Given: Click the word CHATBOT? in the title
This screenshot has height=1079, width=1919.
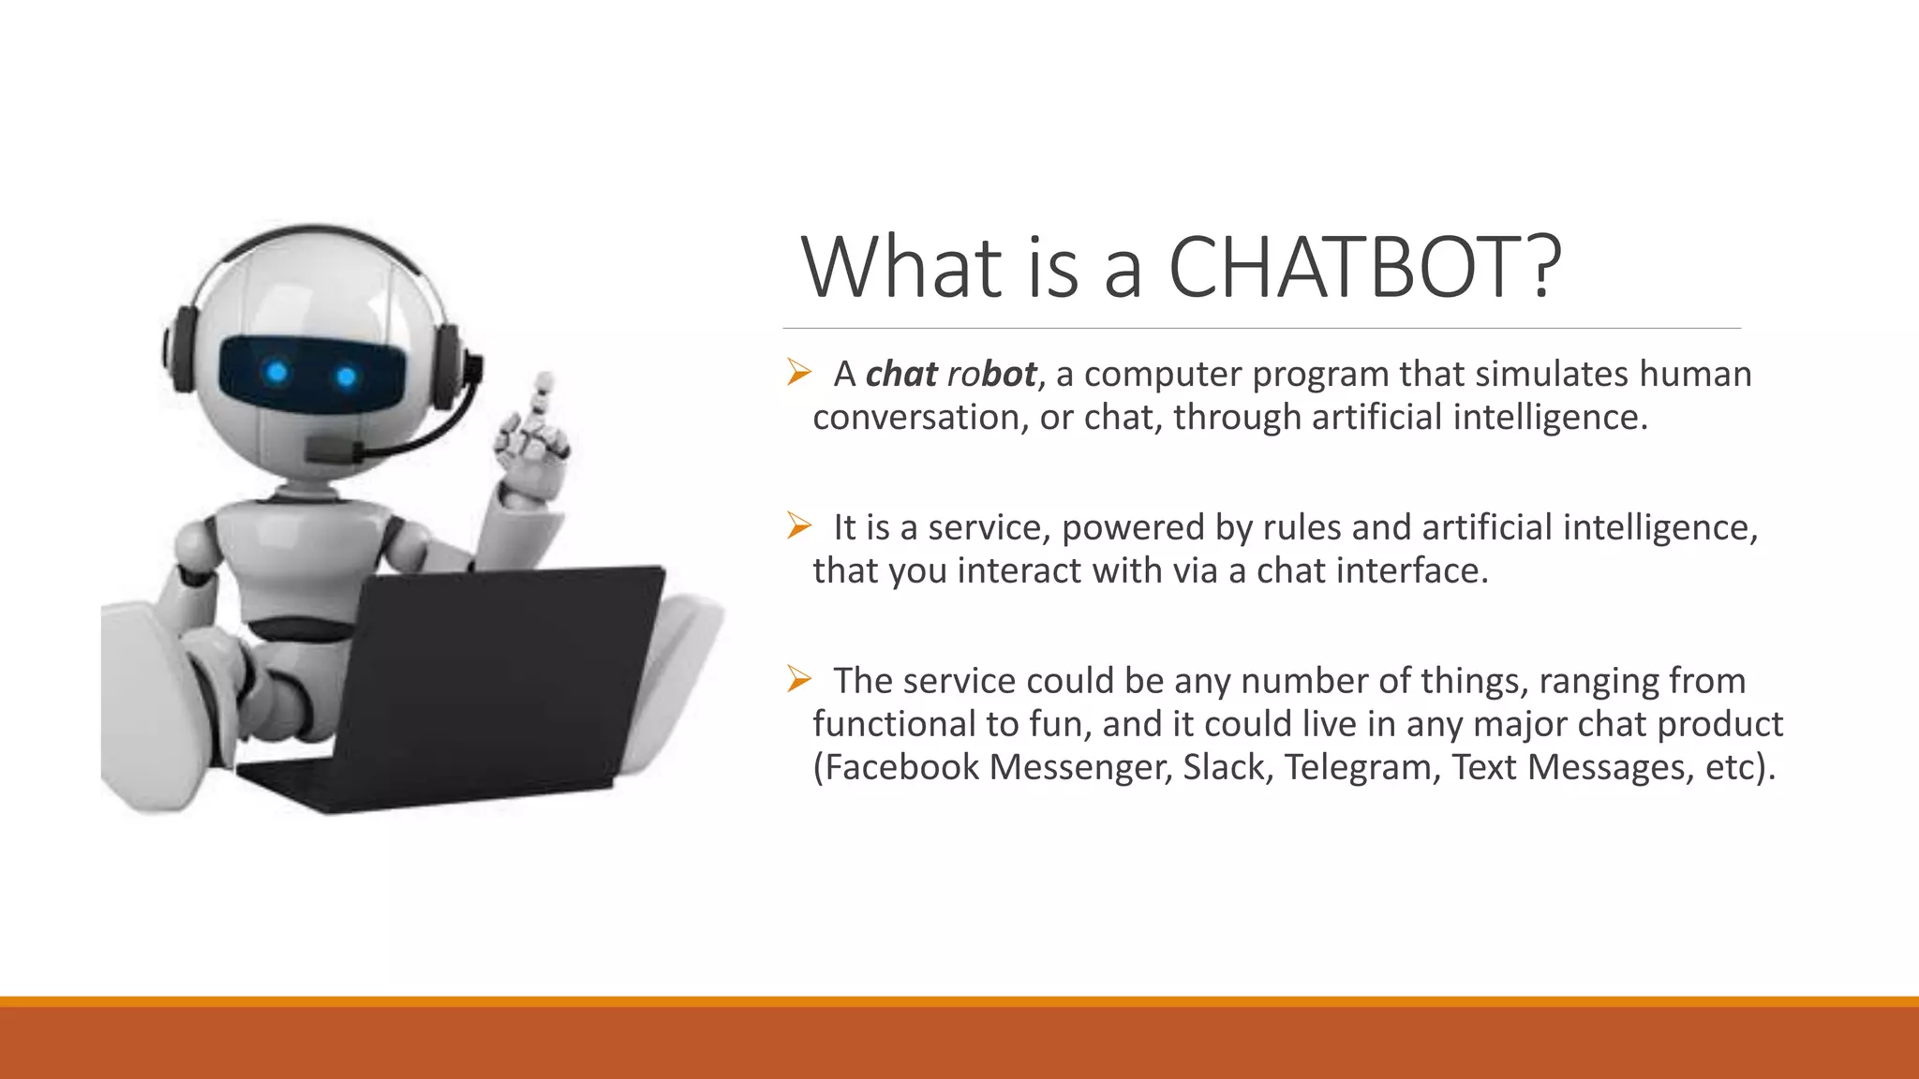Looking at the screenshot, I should click(x=1364, y=268).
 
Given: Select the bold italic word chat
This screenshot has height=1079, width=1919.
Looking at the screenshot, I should click(x=901, y=374).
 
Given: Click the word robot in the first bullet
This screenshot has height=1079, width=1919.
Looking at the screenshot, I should click(x=991, y=374).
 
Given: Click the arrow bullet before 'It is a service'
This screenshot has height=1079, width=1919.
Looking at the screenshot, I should click(x=798, y=526).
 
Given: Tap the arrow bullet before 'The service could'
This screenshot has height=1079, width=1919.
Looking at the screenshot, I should click(x=798, y=679).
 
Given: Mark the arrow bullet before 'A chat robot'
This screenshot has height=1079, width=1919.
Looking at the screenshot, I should click(x=798, y=373).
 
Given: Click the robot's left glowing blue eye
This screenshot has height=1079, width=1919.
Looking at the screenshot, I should click(x=276, y=373).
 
